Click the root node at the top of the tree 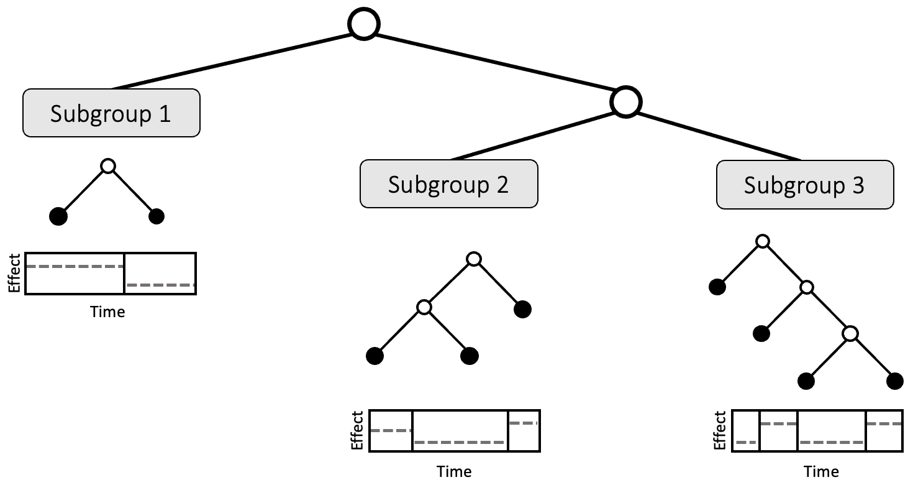[x=363, y=25]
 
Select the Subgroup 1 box [x=111, y=113]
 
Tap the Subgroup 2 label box [x=448, y=184]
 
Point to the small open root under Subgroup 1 [x=108, y=166]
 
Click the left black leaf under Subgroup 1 [x=58, y=217]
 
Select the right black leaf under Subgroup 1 [x=157, y=216]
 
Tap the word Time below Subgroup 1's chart [x=107, y=311]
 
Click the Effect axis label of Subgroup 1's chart [x=14, y=272]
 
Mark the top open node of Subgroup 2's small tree [x=473, y=259]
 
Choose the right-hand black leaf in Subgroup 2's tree [x=522, y=309]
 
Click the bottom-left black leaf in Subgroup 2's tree [x=375, y=356]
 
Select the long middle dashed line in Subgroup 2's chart [x=460, y=442]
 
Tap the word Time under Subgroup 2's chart [x=454, y=471]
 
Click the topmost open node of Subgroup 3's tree [x=763, y=241]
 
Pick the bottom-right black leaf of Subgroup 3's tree [x=894, y=381]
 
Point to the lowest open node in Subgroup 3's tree [x=850, y=334]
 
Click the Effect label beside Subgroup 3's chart [x=720, y=430]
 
